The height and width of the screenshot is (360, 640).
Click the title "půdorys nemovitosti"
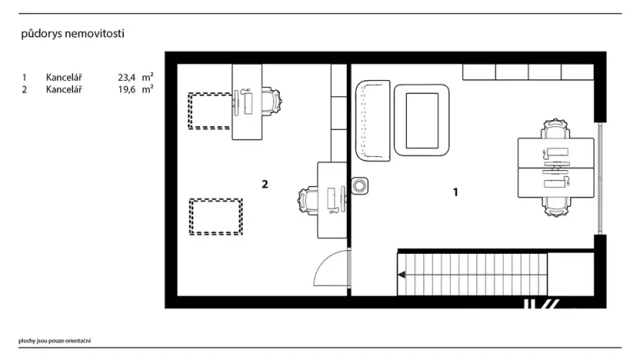click(72, 34)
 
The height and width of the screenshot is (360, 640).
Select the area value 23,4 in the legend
click(126, 77)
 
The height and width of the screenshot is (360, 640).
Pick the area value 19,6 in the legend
click(126, 89)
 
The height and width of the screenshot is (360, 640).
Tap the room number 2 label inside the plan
click(265, 185)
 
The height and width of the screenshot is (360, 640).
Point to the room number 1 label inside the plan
click(455, 192)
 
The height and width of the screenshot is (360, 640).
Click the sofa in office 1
click(373, 121)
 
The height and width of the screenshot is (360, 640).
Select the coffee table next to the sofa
click(422, 120)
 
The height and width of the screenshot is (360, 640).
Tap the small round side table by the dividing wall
click(359, 185)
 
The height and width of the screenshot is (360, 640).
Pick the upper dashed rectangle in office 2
click(209, 111)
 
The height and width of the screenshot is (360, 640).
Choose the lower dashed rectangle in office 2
click(216, 217)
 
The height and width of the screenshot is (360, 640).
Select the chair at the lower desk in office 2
click(308, 201)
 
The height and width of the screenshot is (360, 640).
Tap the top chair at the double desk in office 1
click(555, 129)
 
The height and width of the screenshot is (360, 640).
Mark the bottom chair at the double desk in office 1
click(555, 206)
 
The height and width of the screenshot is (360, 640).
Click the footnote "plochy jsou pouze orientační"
click(55, 341)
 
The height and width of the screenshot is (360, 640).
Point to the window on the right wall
click(600, 178)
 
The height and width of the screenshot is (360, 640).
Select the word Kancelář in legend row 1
click(64, 77)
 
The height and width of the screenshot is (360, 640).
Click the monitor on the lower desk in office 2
click(342, 198)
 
